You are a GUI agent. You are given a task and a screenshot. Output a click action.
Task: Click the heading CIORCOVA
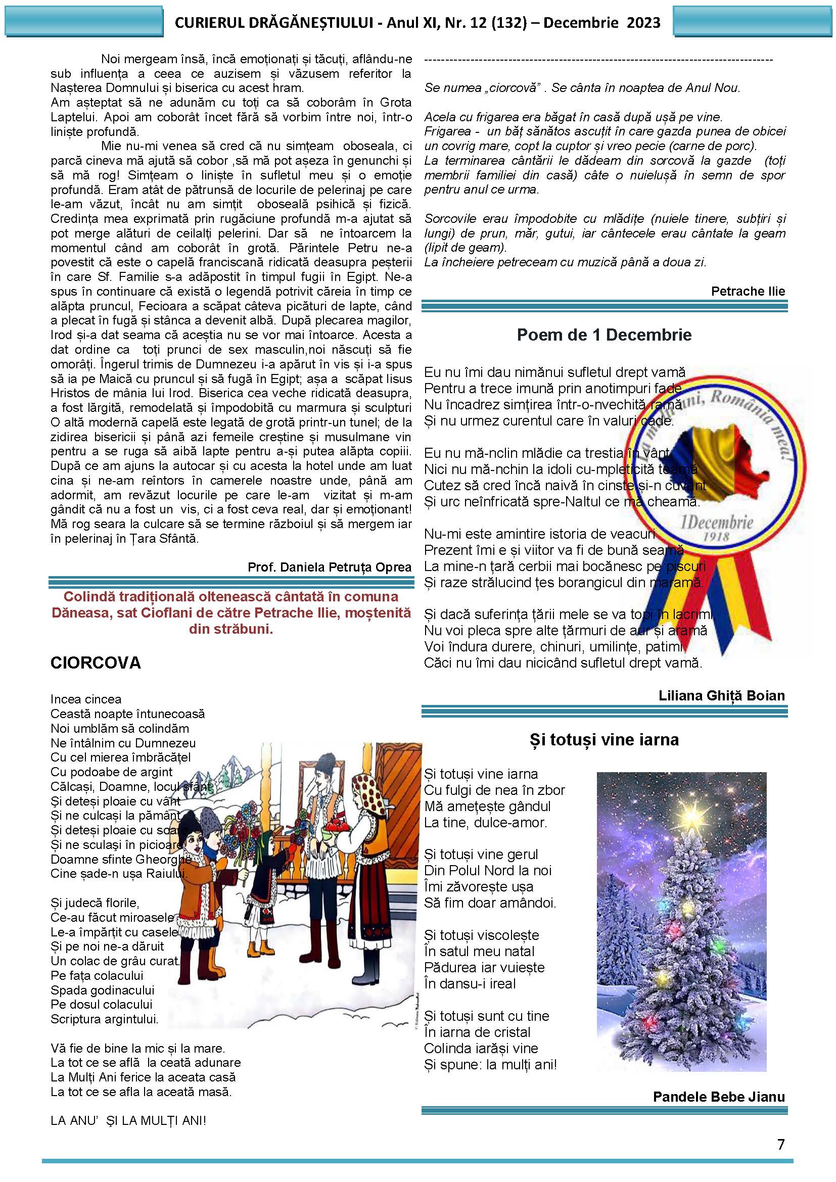(95, 663)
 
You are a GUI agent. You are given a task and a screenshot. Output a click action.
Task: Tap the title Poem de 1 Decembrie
(604, 335)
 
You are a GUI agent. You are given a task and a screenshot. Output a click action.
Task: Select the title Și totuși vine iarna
(604, 740)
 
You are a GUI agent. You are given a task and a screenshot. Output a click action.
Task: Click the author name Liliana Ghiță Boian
(721, 696)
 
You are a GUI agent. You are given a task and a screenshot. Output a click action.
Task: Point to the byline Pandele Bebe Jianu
(719, 1097)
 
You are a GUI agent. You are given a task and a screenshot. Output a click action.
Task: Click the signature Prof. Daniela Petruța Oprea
(330, 568)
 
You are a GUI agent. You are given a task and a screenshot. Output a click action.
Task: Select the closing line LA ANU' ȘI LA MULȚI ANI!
(128, 1121)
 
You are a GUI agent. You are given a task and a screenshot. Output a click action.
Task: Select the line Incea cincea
(86, 699)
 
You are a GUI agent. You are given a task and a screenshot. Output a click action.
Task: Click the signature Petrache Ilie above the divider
(748, 292)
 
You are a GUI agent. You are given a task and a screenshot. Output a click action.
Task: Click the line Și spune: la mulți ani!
(490, 1064)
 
